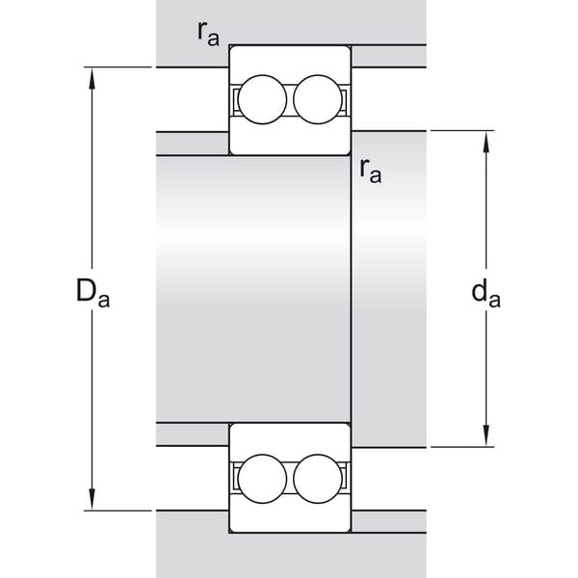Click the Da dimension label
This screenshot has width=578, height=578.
tap(92, 293)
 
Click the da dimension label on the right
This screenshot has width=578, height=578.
tap(486, 293)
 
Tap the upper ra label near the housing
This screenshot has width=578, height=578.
tap(208, 35)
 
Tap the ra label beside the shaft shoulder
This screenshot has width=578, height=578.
tap(371, 171)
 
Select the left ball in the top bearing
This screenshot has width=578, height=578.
tap(262, 99)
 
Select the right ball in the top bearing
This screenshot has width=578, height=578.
tap(318, 99)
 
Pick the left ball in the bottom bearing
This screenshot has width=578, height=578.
tap(262, 479)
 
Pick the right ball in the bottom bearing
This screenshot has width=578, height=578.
tap(318, 479)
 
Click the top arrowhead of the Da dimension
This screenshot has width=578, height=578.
tap(92, 78)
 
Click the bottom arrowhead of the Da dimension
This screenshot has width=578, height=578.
tap(92, 499)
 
